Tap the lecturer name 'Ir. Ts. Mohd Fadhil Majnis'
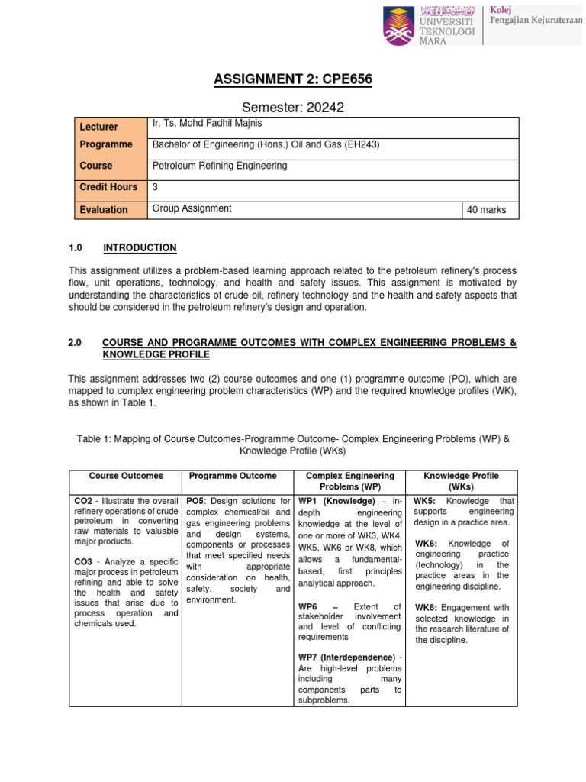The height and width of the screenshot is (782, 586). (210, 124)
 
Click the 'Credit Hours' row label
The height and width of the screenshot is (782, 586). (109, 187)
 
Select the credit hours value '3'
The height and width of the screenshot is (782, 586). (156, 186)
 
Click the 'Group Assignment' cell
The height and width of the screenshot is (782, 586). (192, 208)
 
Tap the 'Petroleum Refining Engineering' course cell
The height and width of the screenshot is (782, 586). (220, 166)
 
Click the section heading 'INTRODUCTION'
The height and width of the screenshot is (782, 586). (140, 248)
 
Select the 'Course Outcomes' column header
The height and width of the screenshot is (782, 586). (126, 476)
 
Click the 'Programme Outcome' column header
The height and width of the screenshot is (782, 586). (233, 476)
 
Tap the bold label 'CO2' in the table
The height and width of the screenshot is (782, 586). (83, 501)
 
